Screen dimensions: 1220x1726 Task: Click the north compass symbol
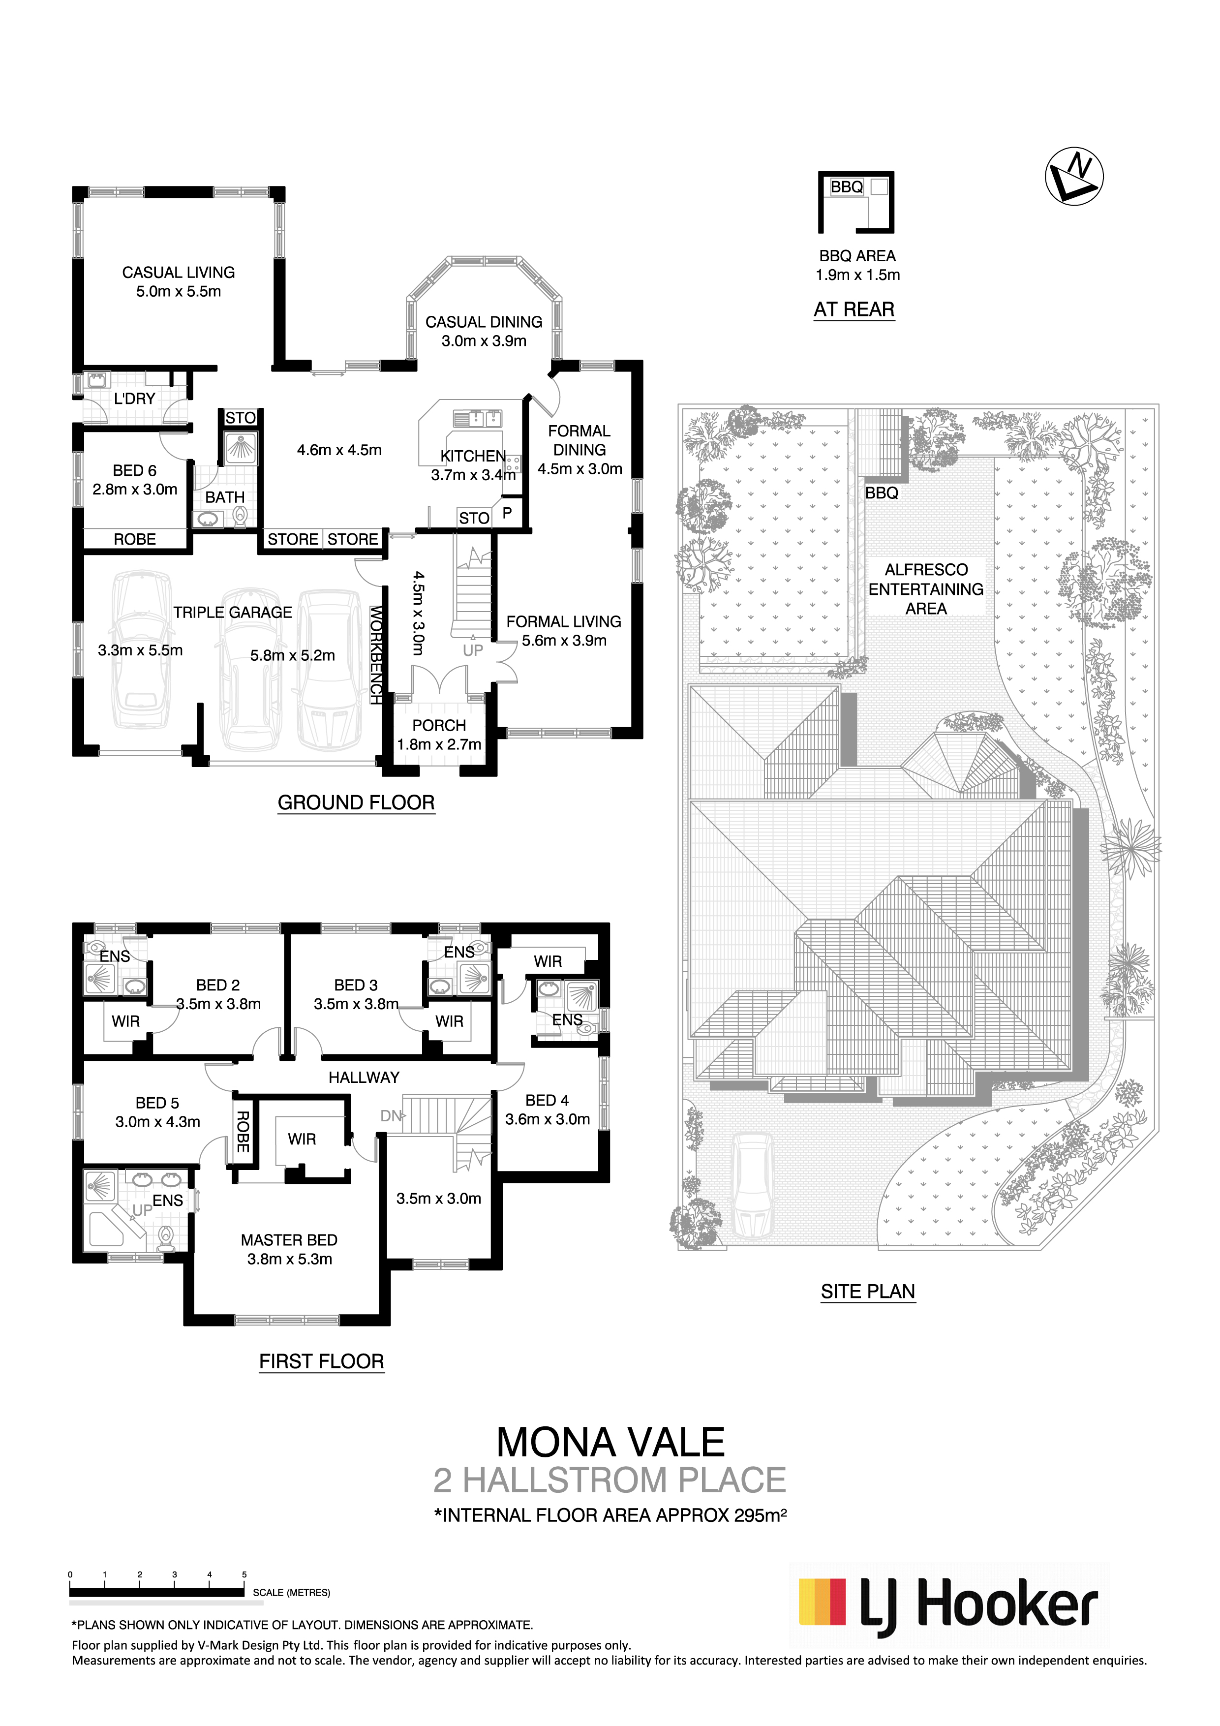[1074, 176]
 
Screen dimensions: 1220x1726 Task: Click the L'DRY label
[135, 399]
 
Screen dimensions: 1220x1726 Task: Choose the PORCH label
[439, 725]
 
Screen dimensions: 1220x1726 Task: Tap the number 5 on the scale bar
[244, 1573]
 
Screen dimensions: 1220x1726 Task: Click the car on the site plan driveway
[753, 1187]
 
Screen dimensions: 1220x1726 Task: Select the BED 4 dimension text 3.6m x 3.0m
[547, 1119]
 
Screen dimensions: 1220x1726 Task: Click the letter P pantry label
[507, 513]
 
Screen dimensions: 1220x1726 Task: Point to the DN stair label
[390, 1116]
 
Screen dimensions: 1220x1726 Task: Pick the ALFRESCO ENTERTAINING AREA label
[926, 588]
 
